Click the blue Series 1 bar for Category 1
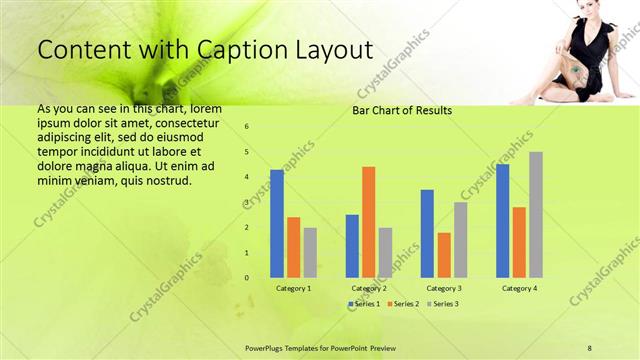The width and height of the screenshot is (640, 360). [277, 223]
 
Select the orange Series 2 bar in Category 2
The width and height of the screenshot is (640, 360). [368, 221]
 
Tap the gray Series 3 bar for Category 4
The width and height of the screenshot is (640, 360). [536, 214]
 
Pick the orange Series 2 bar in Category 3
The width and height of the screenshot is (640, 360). [444, 255]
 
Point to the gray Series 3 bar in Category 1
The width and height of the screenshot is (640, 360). [310, 252]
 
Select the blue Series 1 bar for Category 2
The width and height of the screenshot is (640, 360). [352, 245]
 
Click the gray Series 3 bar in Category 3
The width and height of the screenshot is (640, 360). [461, 239]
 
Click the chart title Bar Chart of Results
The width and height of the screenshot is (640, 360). [402, 110]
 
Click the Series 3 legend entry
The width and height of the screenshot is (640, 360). [441, 303]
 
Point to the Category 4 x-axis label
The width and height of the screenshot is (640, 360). [519, 288]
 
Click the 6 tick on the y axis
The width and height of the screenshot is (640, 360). [247, 127]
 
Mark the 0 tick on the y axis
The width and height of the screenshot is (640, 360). [247, 278]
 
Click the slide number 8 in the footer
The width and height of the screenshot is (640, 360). [590, 346]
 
